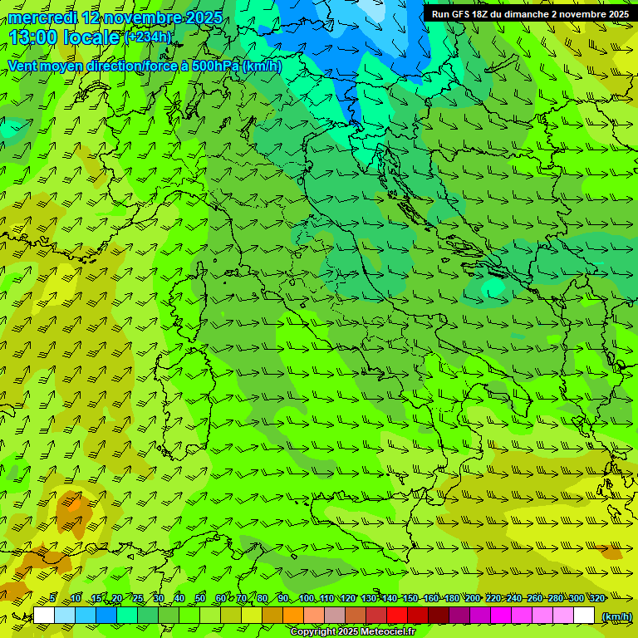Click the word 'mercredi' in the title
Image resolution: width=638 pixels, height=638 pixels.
click(x=42, y=18)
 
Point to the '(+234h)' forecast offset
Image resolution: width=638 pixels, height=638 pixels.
click(x=148, y=37)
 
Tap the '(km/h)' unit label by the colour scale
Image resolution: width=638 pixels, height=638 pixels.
click(x=616, y=616)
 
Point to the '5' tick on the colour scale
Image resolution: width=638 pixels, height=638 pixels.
click(x=52, y=598)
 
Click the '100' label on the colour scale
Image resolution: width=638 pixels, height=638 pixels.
click(x=307, y=598)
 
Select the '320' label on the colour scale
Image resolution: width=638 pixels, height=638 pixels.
click(x=597, y=598)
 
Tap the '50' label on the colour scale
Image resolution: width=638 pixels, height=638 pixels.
click(x=200, y=598)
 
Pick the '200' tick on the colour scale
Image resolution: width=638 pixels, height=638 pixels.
click(x=473, y=598)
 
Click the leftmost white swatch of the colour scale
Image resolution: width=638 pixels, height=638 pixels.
click(x=44, y=616)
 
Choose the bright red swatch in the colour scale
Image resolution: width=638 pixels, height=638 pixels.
click(x=397, y=616)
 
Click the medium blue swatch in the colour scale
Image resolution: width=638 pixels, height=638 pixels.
click(x=106, y=616)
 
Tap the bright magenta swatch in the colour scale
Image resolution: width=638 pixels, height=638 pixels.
click(x=501, y=616)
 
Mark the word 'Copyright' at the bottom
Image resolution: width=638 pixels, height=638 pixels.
click(x=314, y=632)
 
